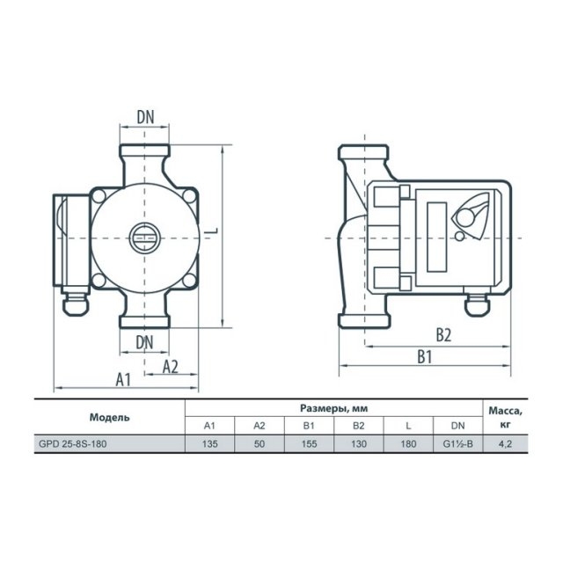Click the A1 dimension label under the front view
tap(123, 379)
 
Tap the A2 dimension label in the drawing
tap(170, 367)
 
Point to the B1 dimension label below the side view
tap(424, 357)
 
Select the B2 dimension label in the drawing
tap(443, 334)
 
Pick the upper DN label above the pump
tap(145, 117)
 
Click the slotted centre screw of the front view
tap(144, 238)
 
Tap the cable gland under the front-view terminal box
tap(76, 303)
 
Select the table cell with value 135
tap(209, 443)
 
